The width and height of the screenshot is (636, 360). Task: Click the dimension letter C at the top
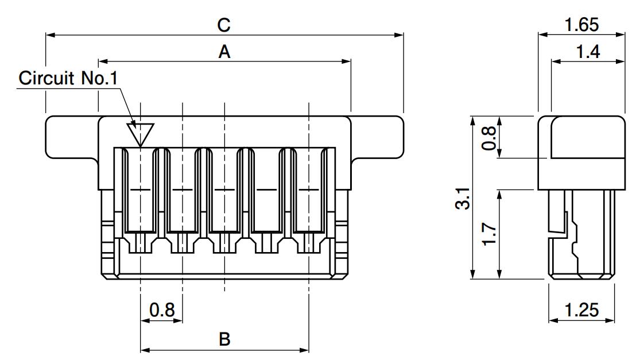pos(224,25)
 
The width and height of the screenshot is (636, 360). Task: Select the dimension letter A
pos(224,52)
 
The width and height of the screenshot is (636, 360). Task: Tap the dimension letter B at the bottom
pos(224,339)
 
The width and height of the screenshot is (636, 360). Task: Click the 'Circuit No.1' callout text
pos(68,78)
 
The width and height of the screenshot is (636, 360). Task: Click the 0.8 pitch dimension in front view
pos(162,310)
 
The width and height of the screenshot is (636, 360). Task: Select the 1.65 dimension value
pos(581,25)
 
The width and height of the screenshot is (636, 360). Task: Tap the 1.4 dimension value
pos(588,52)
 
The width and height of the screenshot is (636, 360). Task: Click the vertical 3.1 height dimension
pos(463,198)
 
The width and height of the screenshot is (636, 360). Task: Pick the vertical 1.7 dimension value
pos(489,234)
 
